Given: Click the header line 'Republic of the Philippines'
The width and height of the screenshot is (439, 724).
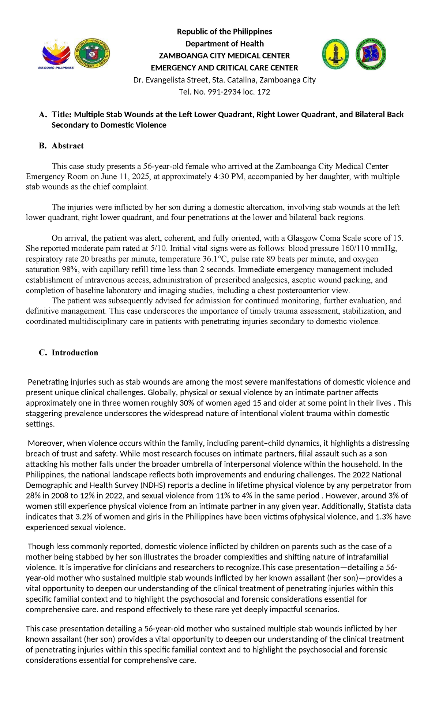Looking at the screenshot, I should (x=224, y=32).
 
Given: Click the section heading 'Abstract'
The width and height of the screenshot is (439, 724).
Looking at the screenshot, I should (x=67, y=146).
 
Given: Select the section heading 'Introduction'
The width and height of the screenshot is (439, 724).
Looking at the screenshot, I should (x=75, y=352).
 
